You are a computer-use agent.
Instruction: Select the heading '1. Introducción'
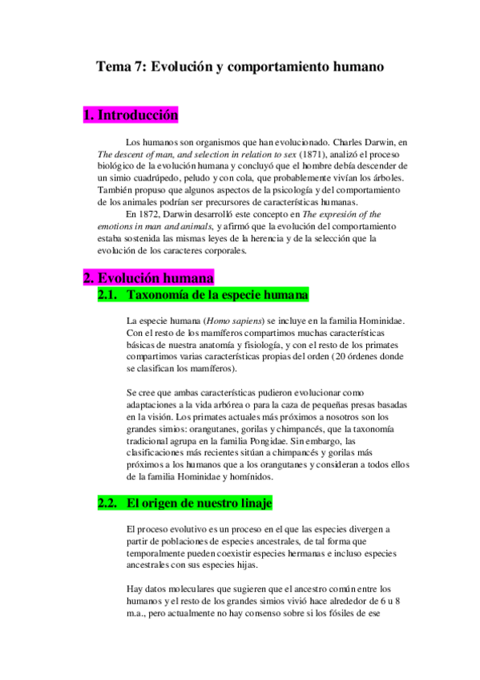130,116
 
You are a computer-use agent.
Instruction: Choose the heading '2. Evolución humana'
148,279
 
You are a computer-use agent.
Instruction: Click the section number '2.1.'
108,295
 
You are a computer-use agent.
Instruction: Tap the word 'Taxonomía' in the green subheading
162,295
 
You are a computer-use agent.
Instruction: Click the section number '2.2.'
108,503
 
